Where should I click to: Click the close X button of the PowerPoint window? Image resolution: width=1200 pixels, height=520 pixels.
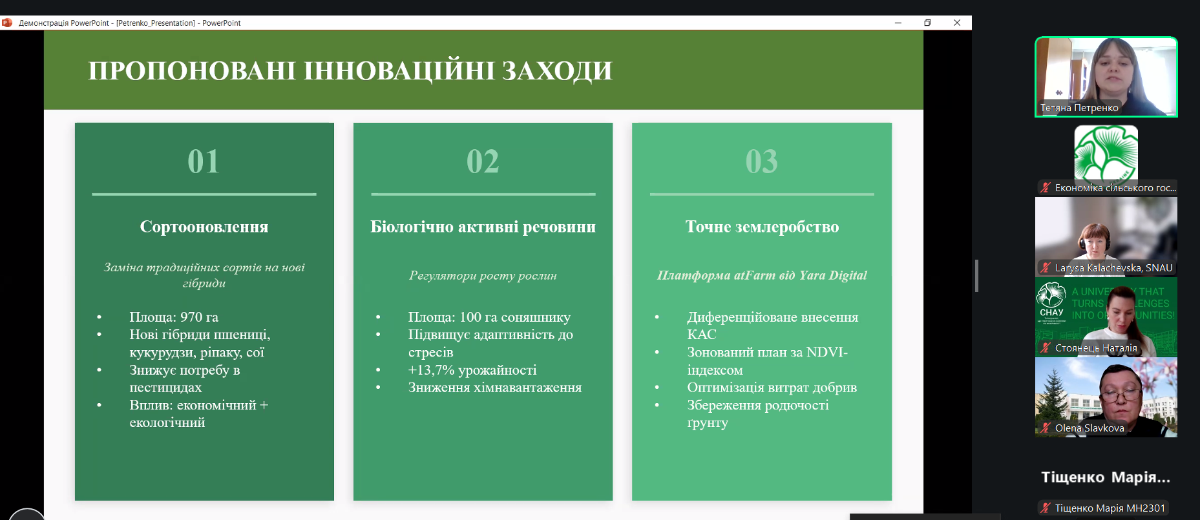click(x=957, y=23)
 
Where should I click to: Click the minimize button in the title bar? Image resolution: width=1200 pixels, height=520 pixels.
click(x=898, y=23)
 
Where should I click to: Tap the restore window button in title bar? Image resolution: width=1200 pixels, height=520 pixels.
click(x=927, y=23)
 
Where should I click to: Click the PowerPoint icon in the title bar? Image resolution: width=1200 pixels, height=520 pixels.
click(x=7, y=23)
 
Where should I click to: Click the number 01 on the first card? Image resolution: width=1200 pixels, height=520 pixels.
click(x=204, y=161)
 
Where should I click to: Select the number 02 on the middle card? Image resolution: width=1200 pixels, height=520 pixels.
click(x=483, y=161)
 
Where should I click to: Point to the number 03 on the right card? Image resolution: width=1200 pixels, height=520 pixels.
click(x=762, y=161)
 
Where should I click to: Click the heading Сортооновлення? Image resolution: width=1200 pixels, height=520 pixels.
click(x=204, y=227)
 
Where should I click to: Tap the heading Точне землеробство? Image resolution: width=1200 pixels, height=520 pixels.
click(x=763, y=227)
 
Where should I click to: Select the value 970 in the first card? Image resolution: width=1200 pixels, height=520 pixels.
click(x=191, y=317)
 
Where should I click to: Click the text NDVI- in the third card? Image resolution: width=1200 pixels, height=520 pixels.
click(x=827, y=352)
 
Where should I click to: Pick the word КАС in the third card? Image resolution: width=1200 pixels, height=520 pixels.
click(x=702, y=335)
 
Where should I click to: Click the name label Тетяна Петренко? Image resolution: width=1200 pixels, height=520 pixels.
click(x=1079, y=108)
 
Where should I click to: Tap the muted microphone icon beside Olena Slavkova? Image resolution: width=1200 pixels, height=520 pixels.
click(x=1045, y=428)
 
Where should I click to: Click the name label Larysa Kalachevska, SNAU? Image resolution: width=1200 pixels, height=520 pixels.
click(x=1114, y=267)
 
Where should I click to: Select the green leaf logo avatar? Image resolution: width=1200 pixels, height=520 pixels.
click(x=1106, y=153)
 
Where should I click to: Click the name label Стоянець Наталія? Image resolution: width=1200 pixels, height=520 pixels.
click(x=1096, y=348)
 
